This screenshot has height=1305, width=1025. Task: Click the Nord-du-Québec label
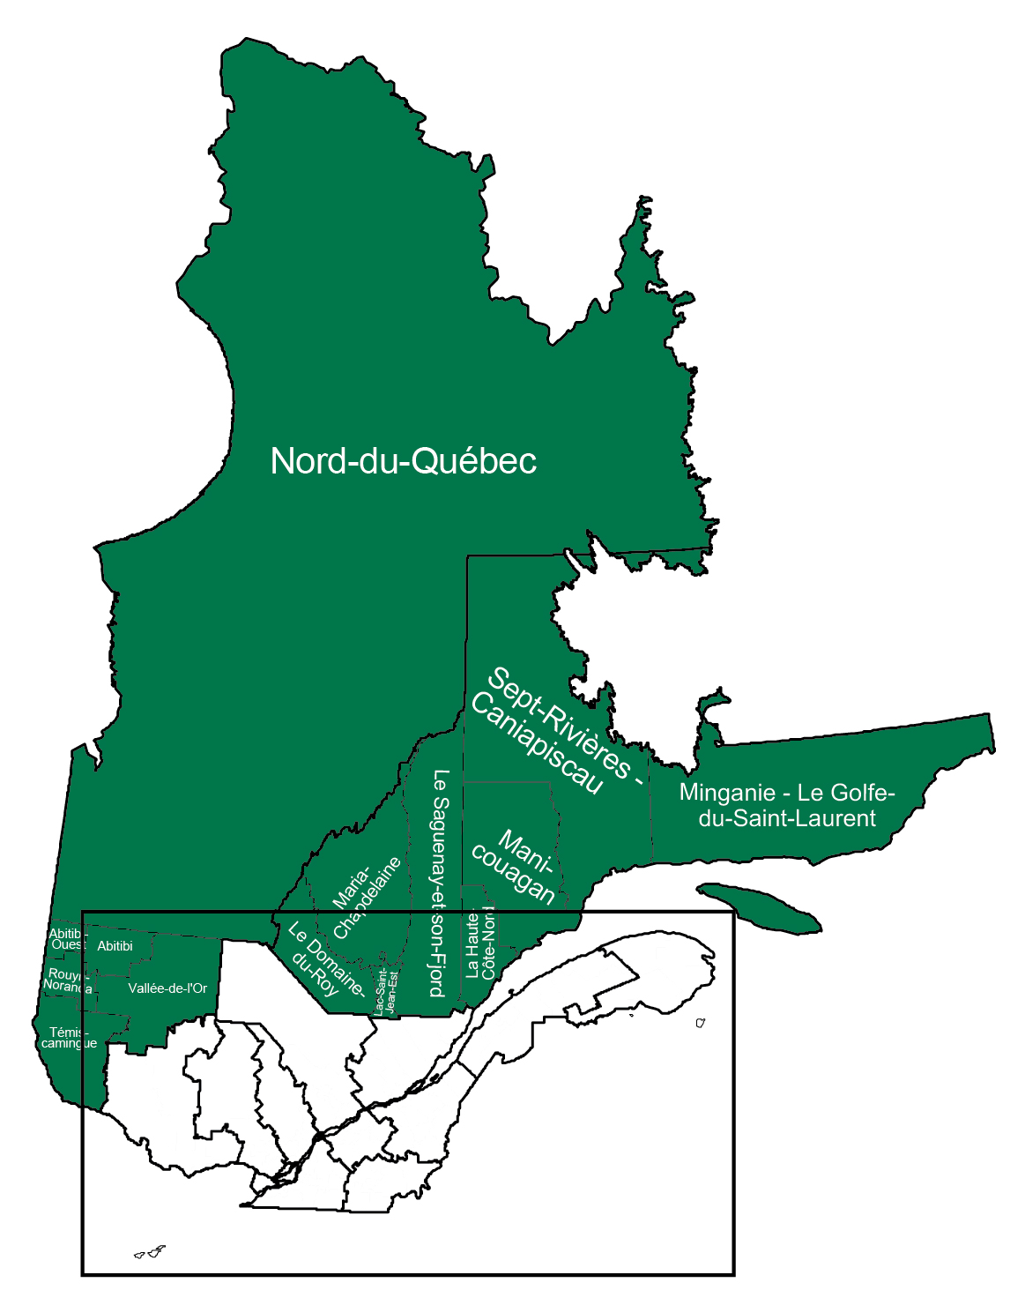point(403,461)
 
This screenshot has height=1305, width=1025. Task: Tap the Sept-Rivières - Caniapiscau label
point(555,732)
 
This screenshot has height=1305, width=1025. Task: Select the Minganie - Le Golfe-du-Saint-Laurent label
point(787,806)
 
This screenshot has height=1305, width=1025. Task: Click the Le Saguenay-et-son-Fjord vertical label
point(439,883)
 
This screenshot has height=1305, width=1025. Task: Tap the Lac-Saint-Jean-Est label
point(387,993)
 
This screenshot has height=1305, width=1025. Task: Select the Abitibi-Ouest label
point(67,939)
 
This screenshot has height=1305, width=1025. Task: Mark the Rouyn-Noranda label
point(68,981)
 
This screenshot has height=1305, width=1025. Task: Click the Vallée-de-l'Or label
point(167,988)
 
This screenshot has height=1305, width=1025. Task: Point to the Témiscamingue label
point(69,1038)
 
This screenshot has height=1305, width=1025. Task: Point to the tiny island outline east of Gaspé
point(701,1023)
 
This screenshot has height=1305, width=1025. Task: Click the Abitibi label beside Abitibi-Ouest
point(115,946)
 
